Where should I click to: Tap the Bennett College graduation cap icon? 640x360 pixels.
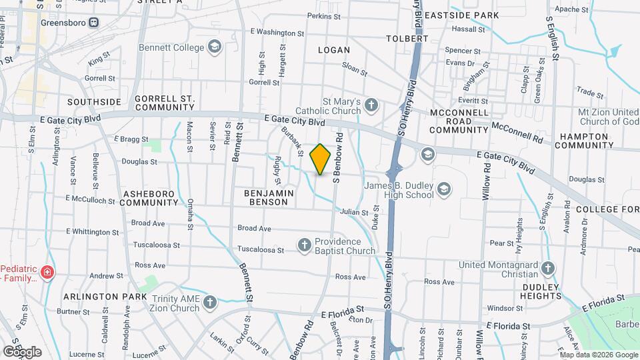(x=214, y=47)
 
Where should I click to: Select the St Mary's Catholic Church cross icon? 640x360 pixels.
(x=371, y=105)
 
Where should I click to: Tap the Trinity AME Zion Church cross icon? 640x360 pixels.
(x=210, y=303)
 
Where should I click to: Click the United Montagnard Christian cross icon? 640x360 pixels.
(x=548, y=269)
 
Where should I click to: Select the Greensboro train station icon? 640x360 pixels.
(x=94, y=21)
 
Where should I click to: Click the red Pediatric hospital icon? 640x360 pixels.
(x=47, y=272)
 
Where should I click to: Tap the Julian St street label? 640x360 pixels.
(x=354, y=213)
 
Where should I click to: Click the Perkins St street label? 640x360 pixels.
(x=323, y=15)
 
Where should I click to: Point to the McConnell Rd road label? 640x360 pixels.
(x=517, y=132)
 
